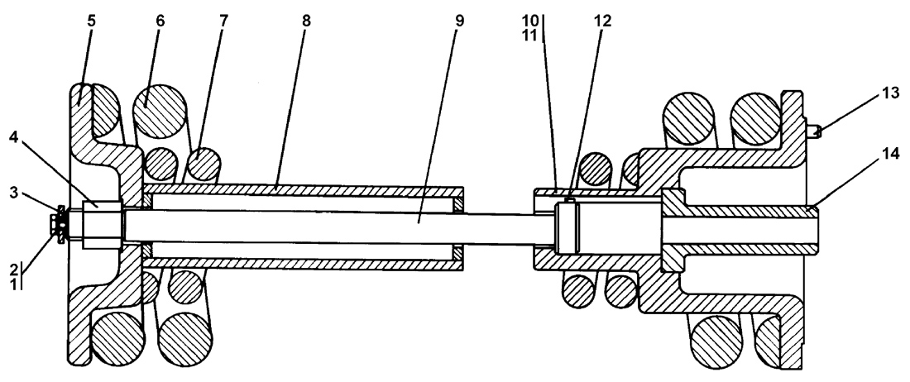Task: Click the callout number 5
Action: click(92, 21)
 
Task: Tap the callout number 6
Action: click(160, 21)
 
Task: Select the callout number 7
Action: click(223, 21)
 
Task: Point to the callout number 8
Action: click(306, 21)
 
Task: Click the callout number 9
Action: click(459, 21)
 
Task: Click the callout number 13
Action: click(891, 93)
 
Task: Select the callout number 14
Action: click(891, 154)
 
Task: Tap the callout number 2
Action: click(15, 268)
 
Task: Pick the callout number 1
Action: click(15, 284)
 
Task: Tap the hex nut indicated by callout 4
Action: click(103, 225)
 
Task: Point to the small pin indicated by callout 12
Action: click(569, 201)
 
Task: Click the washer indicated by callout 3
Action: click(61, 225)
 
